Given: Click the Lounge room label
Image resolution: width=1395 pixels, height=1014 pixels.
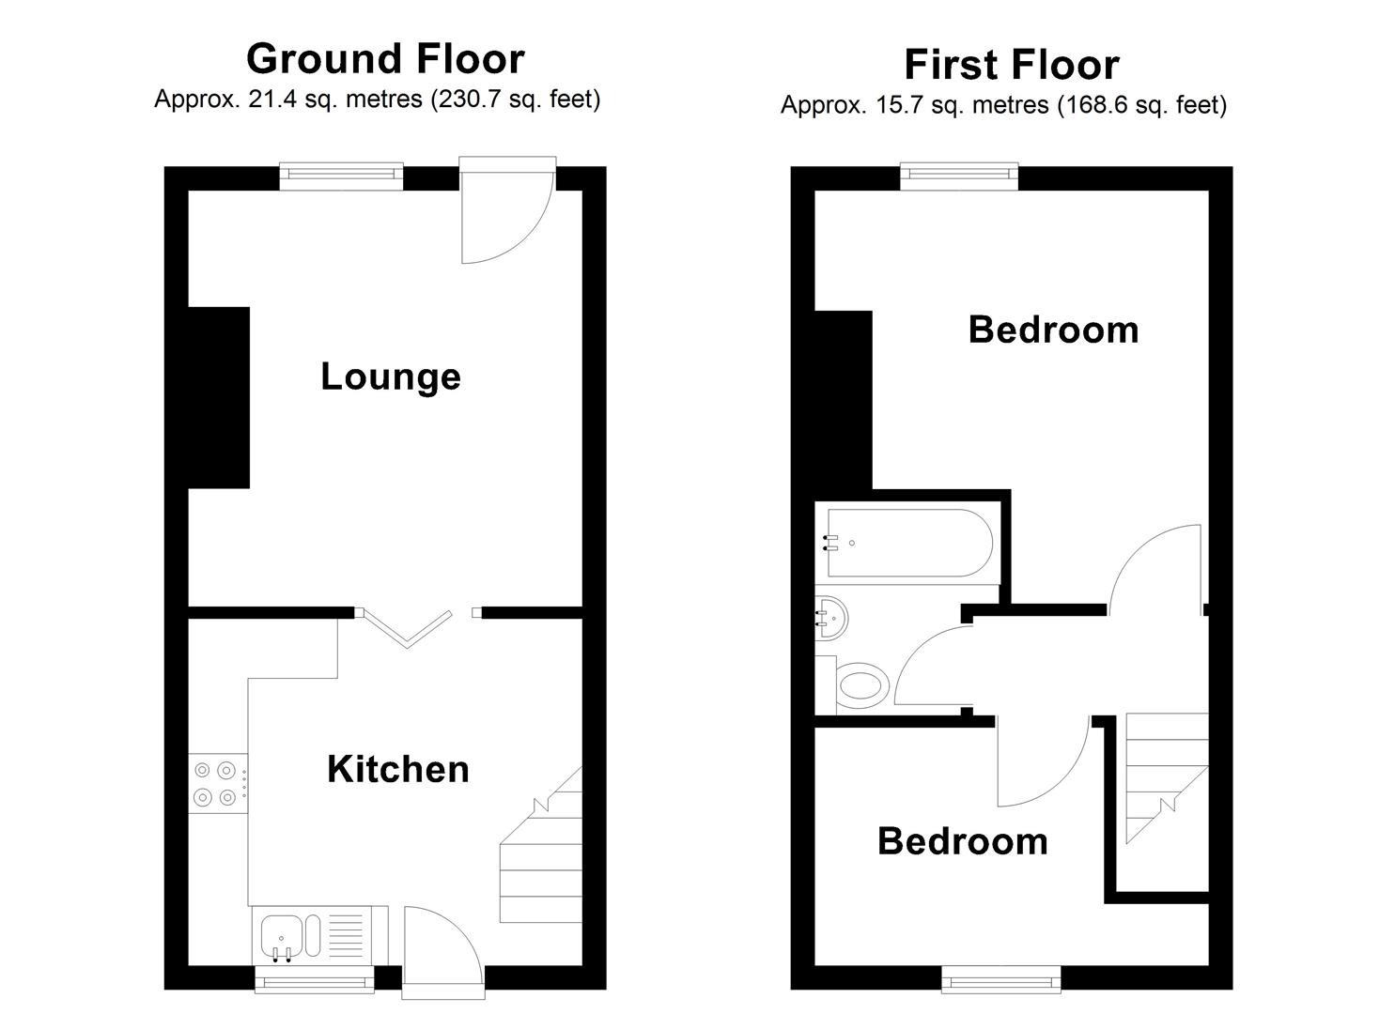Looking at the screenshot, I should [x=391, y=376].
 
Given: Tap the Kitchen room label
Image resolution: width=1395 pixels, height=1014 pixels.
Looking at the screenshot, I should [x=398, y=769].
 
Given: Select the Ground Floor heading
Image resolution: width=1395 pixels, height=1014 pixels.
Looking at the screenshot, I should [x=385, y=58].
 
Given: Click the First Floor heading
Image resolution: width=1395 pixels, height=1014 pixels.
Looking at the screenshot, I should [x=1011, y=65].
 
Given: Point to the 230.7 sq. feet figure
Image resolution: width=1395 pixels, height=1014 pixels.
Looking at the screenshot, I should [x=515, y=100].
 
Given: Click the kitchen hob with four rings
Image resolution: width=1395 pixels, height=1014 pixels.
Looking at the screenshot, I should [x=215, y=784].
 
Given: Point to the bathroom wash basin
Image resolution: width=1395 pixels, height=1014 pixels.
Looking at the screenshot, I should [x=831, y=616].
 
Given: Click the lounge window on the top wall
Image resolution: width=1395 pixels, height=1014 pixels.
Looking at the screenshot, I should [x=341, y=174].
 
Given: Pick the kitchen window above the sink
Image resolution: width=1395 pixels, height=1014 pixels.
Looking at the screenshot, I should [x=314, y=981].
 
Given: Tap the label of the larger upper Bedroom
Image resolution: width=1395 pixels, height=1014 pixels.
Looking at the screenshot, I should [x=1053, y=330].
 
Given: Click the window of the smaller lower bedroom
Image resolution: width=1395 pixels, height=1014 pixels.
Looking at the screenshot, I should [x=1001, y=981].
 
